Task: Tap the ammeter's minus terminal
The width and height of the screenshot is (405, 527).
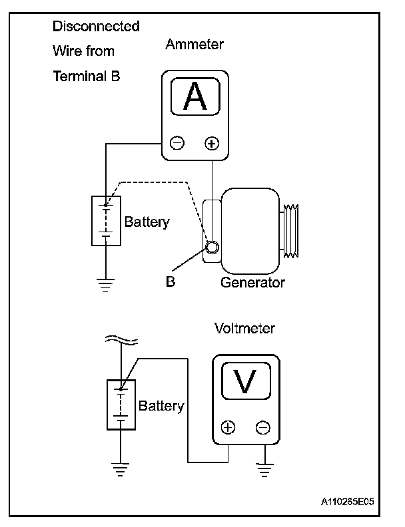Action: click(177, 142)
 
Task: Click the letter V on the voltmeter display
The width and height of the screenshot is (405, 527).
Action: click(246, 383)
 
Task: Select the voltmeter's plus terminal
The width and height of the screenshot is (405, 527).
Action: click(228, 428)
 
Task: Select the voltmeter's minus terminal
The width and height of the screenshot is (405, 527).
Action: click(263, 428)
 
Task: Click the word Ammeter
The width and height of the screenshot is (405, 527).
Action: click(195, 45)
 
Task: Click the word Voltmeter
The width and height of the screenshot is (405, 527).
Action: click(244, 328)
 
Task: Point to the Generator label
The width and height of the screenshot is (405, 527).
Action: click(252, 282)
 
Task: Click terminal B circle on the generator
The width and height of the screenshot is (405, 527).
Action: click(212, 248)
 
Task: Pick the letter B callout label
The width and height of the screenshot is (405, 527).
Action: click(171, 281)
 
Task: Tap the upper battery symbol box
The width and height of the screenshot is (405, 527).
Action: click(106, 221)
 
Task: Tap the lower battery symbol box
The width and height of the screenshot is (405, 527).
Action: click(121, 405)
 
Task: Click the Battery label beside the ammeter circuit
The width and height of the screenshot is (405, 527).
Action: click(147, 222)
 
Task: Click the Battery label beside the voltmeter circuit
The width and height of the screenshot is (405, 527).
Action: click(161, 406)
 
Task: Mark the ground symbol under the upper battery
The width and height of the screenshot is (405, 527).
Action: click(106, 285)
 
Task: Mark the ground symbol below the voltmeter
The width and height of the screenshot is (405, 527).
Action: click(263, 470)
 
